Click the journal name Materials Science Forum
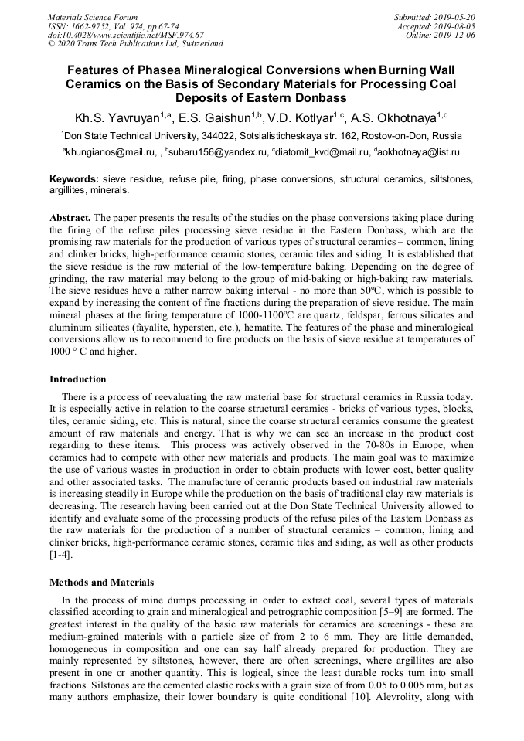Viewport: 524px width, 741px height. (x=93, y=17)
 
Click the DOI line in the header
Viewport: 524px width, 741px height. (x=125, y=35)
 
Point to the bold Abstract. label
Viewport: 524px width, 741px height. (x=71, y=219)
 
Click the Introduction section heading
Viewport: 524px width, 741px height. (x=77, y=379)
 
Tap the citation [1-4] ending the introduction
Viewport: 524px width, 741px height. (x=62, y=555)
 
